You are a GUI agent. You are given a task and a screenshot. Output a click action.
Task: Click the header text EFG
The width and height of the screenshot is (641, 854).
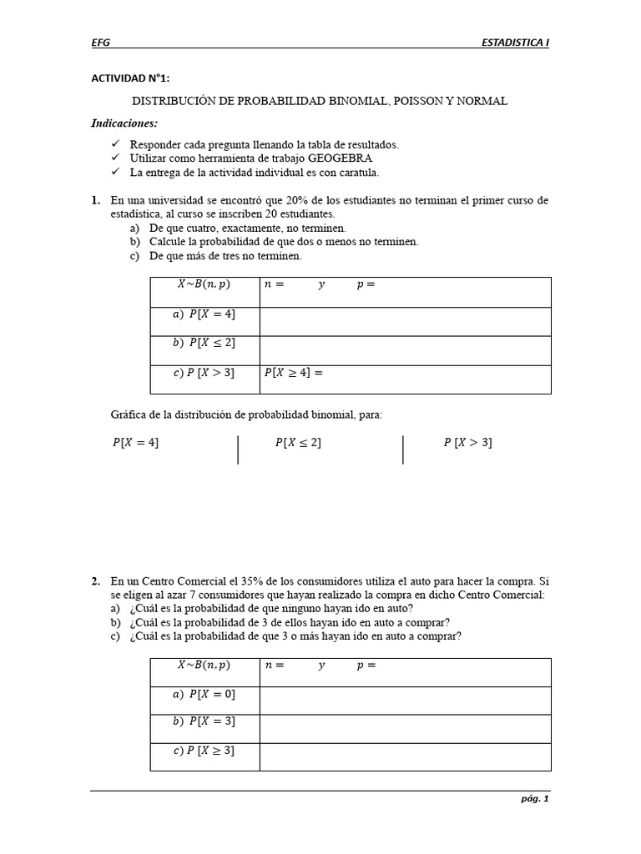coord(100,42)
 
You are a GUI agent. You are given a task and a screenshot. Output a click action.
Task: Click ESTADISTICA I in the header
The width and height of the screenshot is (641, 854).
coord(516,42)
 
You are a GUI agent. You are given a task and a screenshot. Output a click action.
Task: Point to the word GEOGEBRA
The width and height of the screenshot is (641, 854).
coord(341,158)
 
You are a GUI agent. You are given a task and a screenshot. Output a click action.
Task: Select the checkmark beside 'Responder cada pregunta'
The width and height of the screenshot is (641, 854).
coord(114,144)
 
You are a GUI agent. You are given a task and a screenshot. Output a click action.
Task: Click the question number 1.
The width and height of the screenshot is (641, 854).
coord(95,201)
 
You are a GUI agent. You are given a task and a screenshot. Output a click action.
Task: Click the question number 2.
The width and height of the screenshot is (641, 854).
coord(95,581)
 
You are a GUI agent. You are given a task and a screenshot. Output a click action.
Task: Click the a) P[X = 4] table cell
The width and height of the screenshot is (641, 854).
coord(204,314)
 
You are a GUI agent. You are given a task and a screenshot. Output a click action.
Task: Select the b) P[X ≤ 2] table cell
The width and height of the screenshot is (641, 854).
coord(204,343)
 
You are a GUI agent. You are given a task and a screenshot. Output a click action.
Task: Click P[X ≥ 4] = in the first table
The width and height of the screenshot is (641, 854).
coord(293,373)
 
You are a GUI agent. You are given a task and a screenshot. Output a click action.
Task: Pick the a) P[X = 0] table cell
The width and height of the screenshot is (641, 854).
coord(204,694)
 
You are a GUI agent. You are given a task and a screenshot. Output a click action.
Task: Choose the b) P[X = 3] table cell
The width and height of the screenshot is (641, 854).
coord(204,721)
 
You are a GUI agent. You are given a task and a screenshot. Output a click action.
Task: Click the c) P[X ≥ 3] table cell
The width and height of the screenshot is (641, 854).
coord(204,751)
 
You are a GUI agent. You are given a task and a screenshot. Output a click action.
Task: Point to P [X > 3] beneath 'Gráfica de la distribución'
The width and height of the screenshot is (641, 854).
coord(467,443)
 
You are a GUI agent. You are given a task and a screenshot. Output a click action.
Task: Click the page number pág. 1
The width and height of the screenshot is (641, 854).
coord(535,800)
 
